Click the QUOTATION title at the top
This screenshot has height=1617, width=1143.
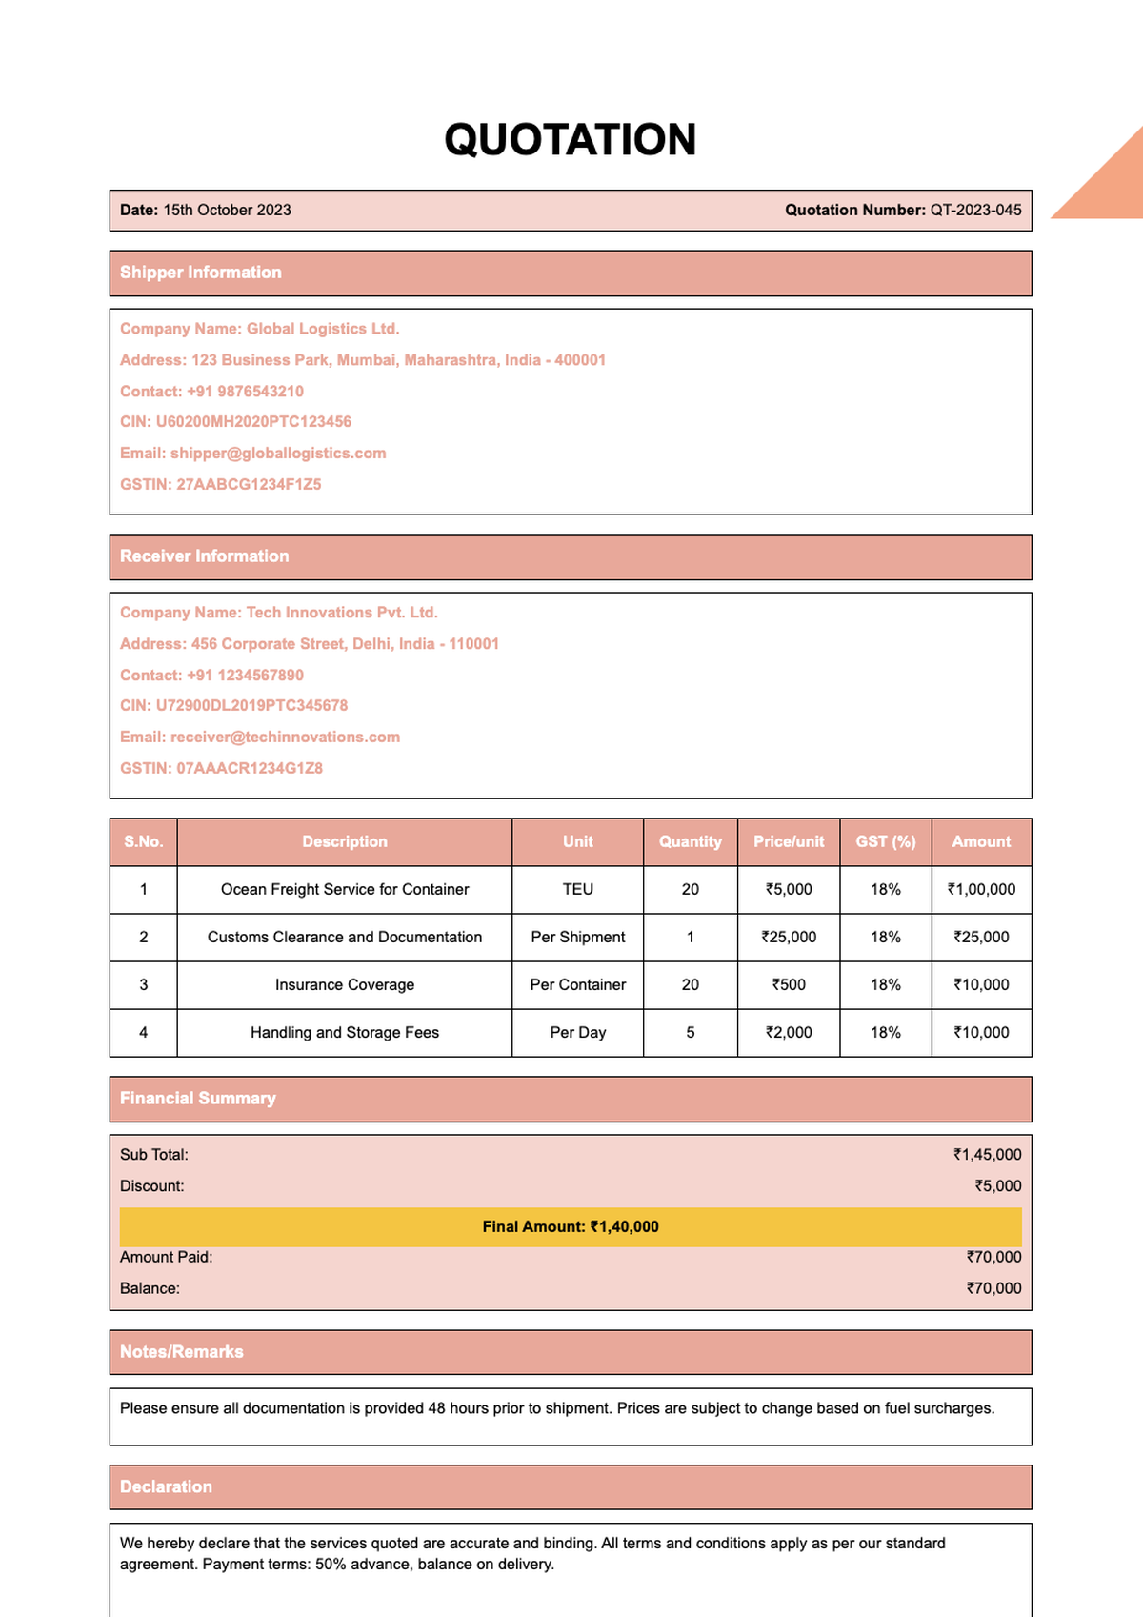click(570, 140)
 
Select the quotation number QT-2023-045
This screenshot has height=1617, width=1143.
click(974, 210)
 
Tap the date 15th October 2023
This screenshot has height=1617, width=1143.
click(227, 210)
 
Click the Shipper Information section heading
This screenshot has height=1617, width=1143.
click(201, 273)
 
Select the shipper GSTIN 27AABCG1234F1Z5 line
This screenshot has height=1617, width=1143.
click(220, 484)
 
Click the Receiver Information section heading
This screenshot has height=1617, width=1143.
click(204, 556)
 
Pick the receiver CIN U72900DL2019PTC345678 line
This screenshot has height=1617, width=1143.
click(233, 705)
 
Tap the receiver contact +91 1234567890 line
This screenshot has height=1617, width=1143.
click(211, 675)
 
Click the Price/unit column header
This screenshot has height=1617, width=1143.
click(789, 841)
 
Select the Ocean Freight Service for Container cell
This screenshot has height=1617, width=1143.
click(345, 889)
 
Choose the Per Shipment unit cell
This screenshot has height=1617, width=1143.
click(577, 937)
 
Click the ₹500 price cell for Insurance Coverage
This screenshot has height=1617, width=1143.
click(789, 984)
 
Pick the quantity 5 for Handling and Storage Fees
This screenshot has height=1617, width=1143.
click(691, 1032)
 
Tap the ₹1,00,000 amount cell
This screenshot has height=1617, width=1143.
click(981, 889)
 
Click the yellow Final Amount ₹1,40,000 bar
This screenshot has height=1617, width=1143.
click(570, 1226)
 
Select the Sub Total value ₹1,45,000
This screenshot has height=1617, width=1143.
click(988, 1154)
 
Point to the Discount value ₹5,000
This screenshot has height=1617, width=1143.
click(997, 1185)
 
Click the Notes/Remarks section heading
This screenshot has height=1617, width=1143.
click(182, 1352)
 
